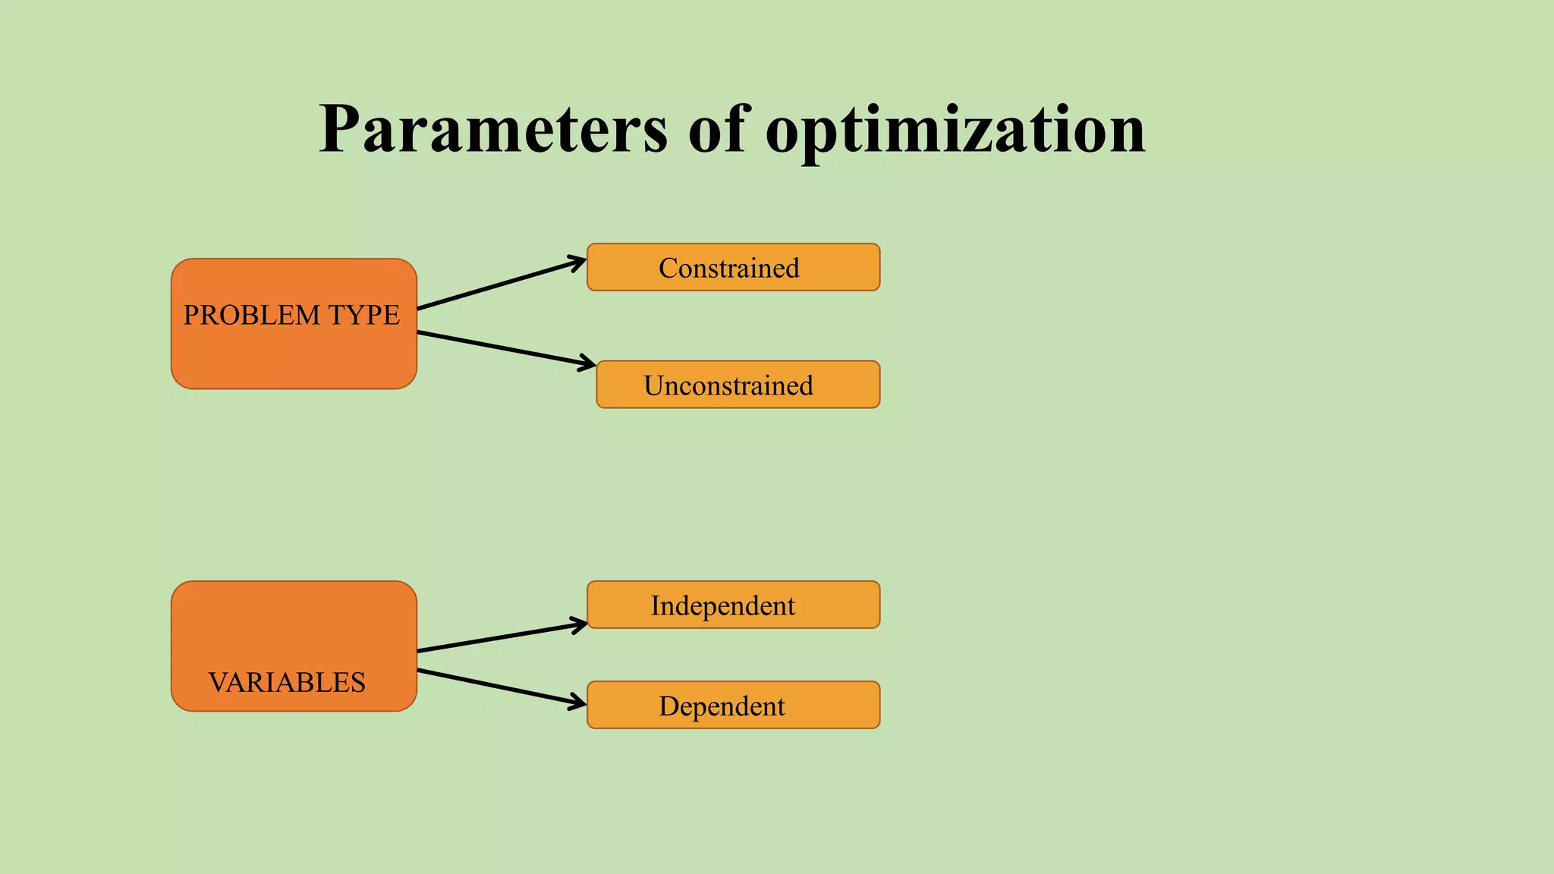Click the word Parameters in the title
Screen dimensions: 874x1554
493,130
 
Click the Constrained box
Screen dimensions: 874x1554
733,267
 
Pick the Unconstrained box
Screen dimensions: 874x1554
738,385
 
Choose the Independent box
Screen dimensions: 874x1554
733,605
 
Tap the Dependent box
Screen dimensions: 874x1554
733,705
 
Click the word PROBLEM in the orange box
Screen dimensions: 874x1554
251,316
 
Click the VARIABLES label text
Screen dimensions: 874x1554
287,683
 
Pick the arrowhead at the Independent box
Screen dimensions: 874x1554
580,625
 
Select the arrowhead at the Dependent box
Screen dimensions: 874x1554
579,703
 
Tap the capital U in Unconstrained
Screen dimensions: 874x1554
654,385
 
